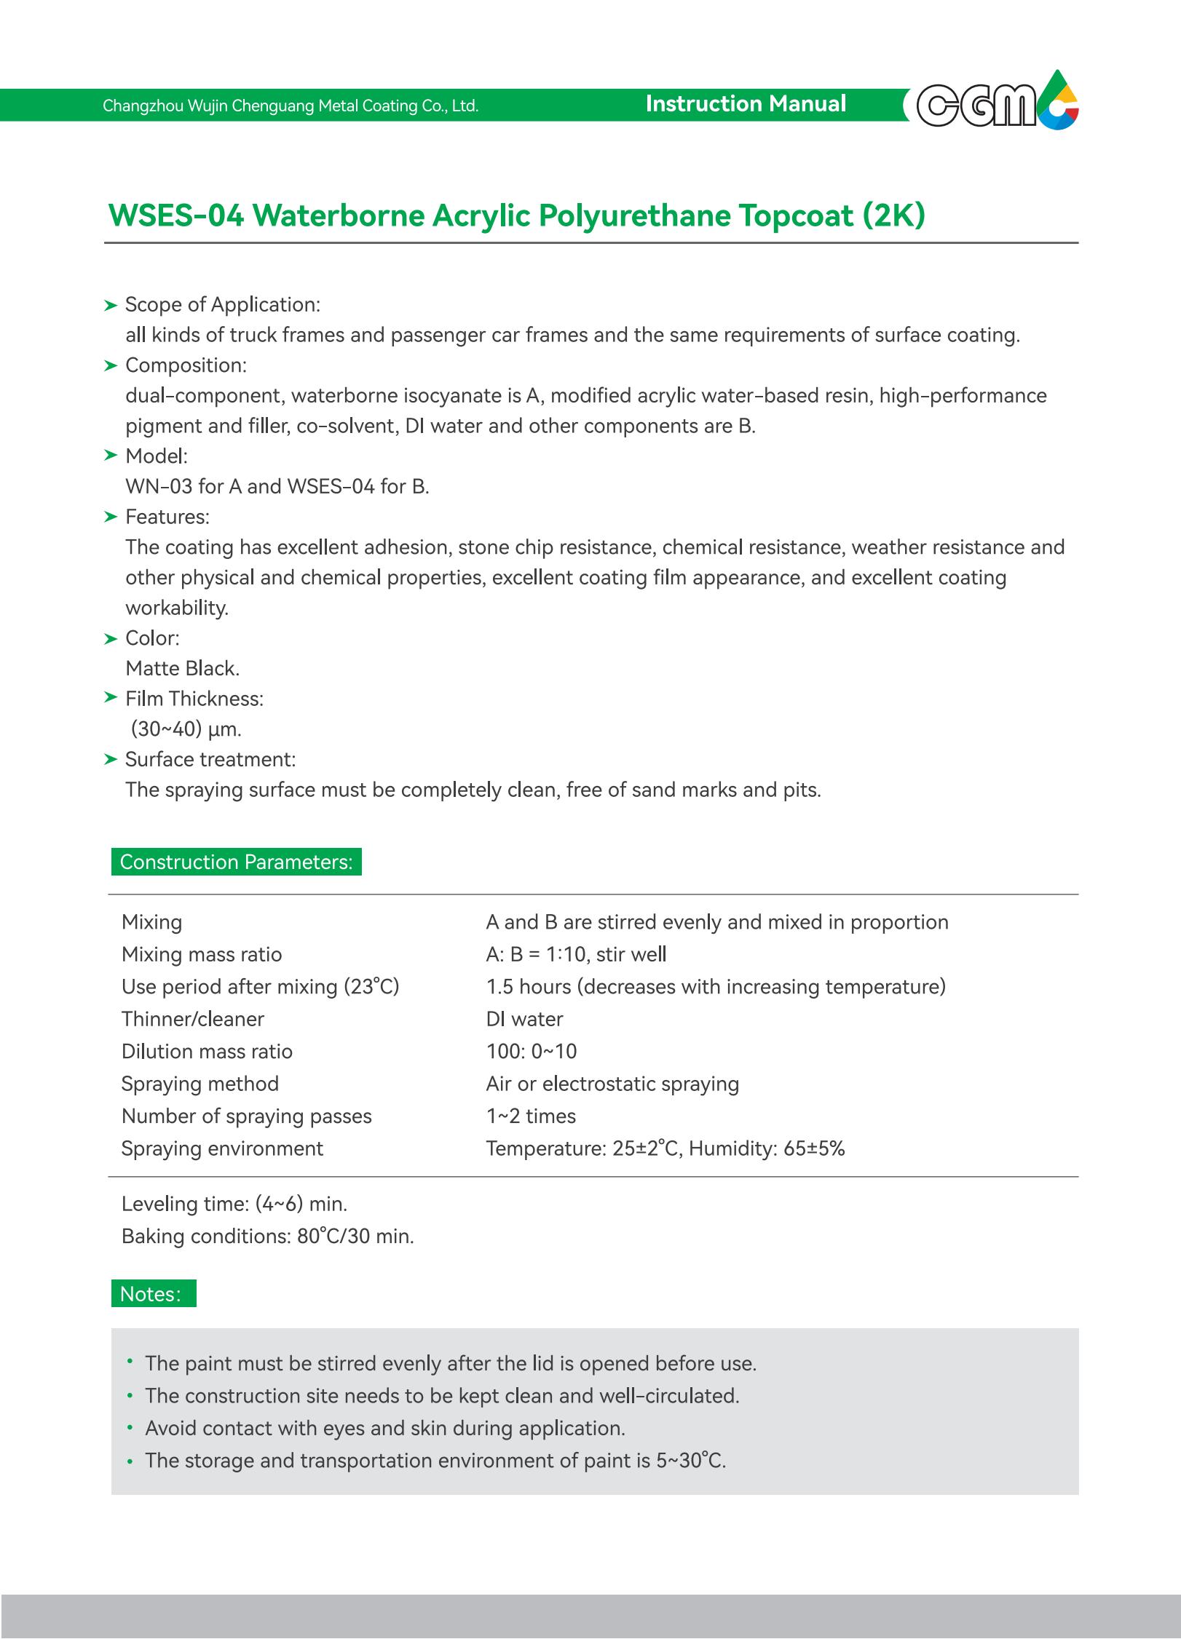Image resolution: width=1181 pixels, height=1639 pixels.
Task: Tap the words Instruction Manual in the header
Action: (746, 104)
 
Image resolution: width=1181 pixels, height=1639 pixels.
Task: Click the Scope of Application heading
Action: (222, 304)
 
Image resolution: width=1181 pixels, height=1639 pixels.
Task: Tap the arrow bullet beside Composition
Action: (111, 365)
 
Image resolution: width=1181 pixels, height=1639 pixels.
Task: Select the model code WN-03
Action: (158, 486)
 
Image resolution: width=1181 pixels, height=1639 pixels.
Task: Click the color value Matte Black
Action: (182, 668)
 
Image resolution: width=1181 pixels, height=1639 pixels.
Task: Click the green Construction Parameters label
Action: (236, 862)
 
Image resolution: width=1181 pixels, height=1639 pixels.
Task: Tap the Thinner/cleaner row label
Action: (192, 1019)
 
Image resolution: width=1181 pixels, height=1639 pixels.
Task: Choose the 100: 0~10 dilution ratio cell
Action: (531, 1051)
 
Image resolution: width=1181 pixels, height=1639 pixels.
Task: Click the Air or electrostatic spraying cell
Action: (612, 1084)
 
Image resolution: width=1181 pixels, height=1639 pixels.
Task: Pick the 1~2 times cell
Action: (530, 1116)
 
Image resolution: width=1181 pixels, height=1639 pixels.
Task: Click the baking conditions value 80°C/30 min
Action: (355, 1236)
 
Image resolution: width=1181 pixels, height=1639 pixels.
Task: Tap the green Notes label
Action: (153, 1293)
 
